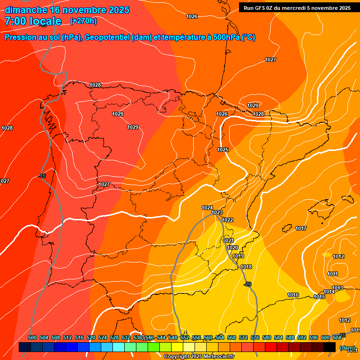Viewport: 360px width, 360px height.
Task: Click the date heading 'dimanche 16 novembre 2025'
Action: coord(67,10)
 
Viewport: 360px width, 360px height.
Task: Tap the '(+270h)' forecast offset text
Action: coord(83,21)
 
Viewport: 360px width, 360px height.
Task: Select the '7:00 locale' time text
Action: coord(33,21)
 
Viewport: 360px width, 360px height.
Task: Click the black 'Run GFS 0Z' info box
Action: coord(295,8)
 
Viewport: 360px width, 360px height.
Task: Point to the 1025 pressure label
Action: coord(223,150)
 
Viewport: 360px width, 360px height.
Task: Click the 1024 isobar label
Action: coord(207,208)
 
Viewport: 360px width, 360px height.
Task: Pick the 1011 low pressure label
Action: coord(333,274)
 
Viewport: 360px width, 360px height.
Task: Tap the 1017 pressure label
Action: coord(301,228)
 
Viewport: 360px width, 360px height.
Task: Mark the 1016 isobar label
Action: coord(293,295)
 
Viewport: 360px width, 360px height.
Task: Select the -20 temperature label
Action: coord(248,284)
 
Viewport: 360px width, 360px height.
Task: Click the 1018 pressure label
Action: coord(246,267)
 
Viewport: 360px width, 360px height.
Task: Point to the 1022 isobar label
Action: coord(227,220)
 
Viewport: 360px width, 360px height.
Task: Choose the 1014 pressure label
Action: coord(329,292)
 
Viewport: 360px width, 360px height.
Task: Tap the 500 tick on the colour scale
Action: coord(32,337)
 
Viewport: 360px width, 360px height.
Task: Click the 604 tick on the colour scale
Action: coord(337,337)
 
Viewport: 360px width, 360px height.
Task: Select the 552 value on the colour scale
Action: coord(185,337)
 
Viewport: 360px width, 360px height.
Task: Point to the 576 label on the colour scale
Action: coord(255,337)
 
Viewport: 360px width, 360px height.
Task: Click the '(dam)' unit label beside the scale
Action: coord(347,348)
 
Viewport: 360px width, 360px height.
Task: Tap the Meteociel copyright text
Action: coord(199,356)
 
